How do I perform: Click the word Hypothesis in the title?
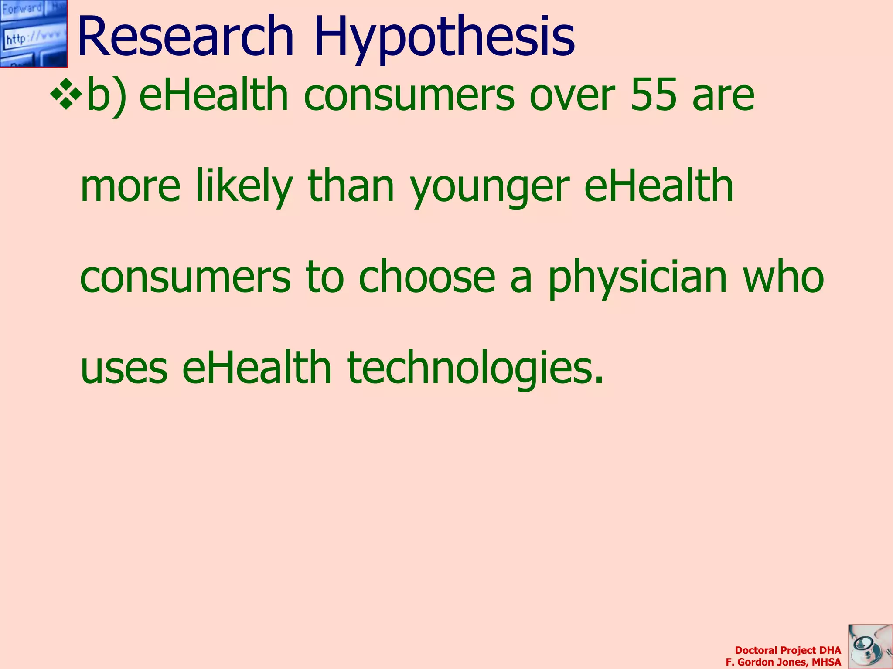pyautogui.click(x=444, y=38)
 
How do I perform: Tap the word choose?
pyautogui.click(x=427, y=276)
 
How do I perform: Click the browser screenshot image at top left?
pyautogui.click(x=34, y=34)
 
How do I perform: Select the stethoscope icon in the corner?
pyautogui.click(x=870, y=646)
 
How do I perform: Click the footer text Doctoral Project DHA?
pyautogui.click(x=787, y=650)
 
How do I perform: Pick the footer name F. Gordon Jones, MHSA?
pyautogui.click(x=783, y=662)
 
